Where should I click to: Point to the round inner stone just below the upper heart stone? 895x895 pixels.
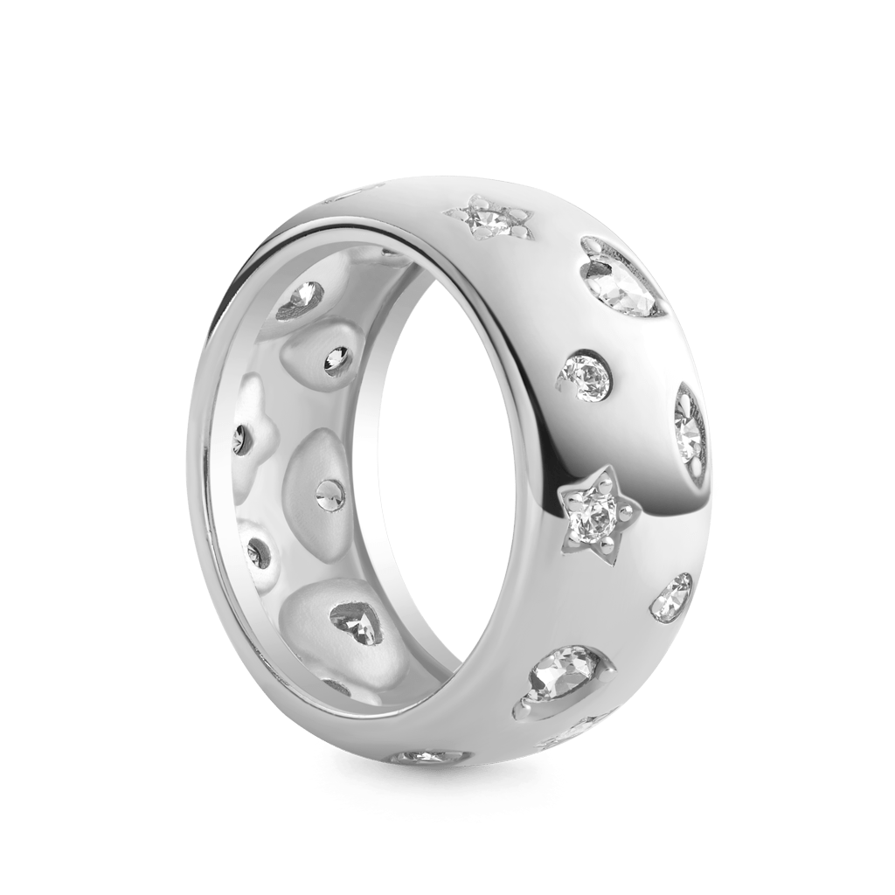(x=335, y=357)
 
